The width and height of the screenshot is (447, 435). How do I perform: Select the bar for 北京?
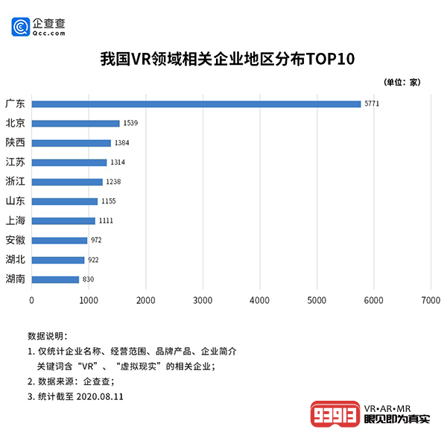pyautogui.click(x=75, y=123)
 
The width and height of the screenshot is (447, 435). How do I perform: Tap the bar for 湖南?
pyautogui.click(x=55, y=279)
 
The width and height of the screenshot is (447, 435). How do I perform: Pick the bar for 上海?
pyautogui.click(x=63, y=220)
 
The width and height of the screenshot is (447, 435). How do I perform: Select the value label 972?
pyautogui.click(x=96, y=240)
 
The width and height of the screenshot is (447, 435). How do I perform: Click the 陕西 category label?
pyautogui.click(x=15, y=142)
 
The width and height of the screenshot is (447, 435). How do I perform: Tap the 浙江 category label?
pyautogui.click(x=15, y=181)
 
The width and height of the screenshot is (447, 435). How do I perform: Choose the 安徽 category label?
pyautogui.click(x=15, y=240)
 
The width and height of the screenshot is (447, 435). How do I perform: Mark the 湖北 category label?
pyautogui.click(x=15, y=259)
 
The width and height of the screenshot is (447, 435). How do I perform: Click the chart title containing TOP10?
pyautogui.click(x=223, y=59)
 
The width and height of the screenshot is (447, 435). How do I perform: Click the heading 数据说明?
pyautogui.click(x=47, y=336)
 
